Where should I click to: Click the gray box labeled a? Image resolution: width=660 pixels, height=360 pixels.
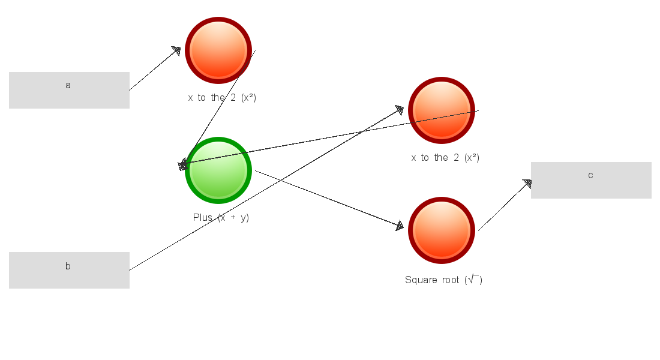pos(69,90)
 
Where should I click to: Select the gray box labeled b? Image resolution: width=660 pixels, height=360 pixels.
pos(69,270)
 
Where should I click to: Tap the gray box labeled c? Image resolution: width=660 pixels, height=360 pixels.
pos(591,180)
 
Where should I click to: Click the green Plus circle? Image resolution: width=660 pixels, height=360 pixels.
pos(218,170)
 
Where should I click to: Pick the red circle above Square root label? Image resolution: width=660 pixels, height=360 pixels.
pos(442,230)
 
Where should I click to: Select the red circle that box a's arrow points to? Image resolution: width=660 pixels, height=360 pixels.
pos(218,50)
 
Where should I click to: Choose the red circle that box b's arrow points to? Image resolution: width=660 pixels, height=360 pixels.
pos(442,110)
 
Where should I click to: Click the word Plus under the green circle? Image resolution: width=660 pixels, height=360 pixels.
pos(203,217)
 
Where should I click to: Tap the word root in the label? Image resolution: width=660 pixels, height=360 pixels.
pos(451,280)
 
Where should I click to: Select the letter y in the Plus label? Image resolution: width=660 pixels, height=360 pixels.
pos(244,218)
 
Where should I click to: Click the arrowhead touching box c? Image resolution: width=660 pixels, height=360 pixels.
pos(527,184)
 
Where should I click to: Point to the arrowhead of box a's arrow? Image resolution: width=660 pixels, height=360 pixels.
pos(176,50)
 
